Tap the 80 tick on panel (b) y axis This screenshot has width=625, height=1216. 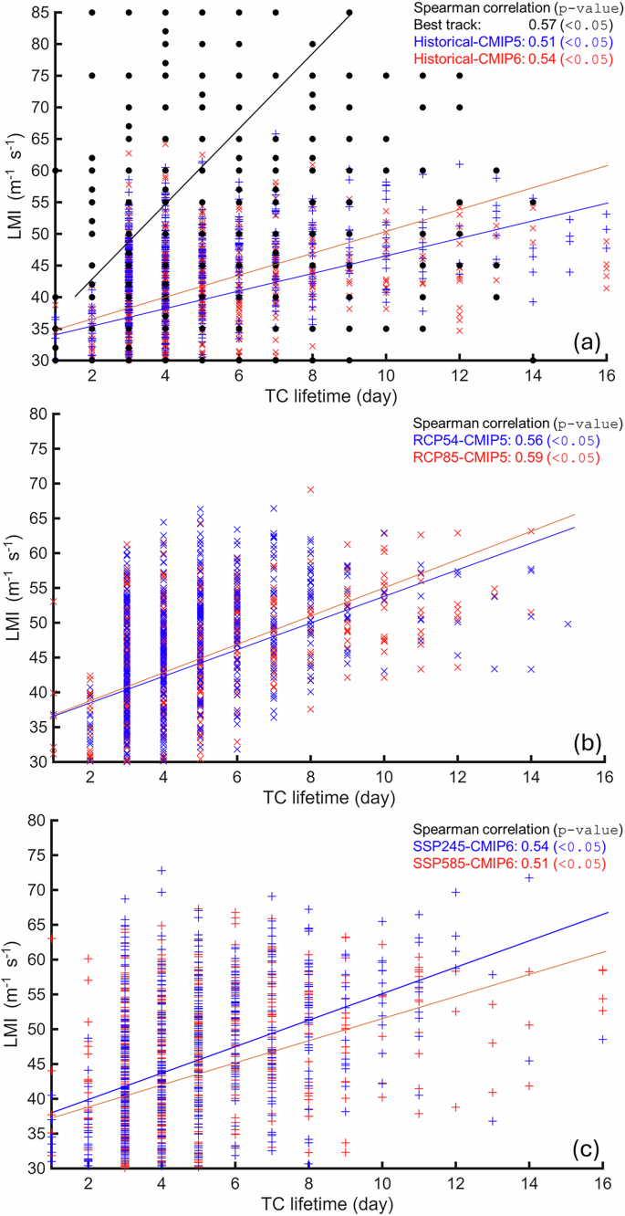pyautogui.click(x=36, y=414)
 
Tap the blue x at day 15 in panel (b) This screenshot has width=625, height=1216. pyautogui.click(x=568, y=624)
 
